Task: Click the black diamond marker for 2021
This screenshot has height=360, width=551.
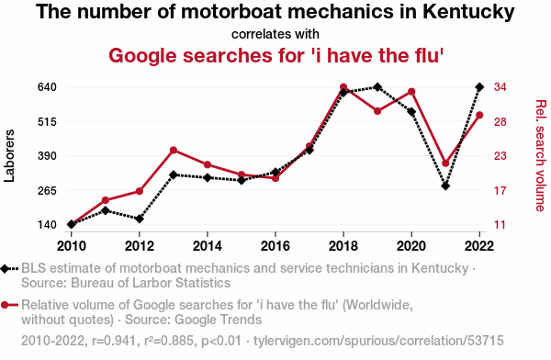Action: coord(445,186)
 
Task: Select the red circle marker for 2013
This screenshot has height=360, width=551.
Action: coord(174,150)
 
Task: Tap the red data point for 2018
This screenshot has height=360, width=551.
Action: coord(343,87)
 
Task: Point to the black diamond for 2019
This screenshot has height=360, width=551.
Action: coord(377,87)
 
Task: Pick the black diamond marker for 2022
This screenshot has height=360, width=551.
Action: coord(479,87)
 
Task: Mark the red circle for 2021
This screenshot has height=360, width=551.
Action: coord(445,163)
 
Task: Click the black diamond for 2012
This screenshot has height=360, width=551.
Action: coord(140,219)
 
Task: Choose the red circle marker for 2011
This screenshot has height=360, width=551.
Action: coord(106,200)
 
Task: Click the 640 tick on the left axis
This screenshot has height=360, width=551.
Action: coord(47,87)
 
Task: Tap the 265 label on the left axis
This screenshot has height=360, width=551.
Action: coord(47,190)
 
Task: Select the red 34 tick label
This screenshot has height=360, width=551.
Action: coord(500,87)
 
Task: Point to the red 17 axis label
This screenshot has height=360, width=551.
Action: coord(500,190)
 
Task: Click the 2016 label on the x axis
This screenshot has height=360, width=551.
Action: coord(275,246)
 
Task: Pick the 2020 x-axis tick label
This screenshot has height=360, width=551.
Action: coord(411,246)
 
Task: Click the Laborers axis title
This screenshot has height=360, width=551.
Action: coord(9,156)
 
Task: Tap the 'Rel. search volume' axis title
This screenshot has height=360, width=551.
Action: coord(541,156)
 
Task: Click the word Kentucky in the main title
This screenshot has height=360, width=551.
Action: coord(468,12)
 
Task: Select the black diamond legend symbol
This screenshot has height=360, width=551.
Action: coord(5,268)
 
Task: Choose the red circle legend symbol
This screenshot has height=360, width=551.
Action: coord(5,305)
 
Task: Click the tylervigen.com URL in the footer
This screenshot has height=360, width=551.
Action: coord(378,341)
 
